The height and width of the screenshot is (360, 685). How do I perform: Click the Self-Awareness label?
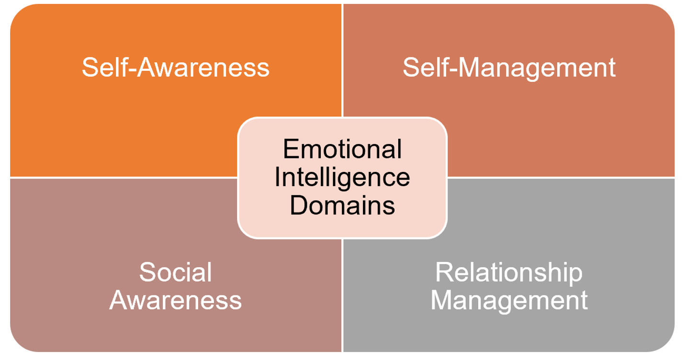pyautogui.click(x=176, y=67)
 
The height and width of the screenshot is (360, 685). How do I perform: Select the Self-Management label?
pyautogui.click(x=509, y=67)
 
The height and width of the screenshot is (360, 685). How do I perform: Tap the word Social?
pyautogui.click(x=175, y=273)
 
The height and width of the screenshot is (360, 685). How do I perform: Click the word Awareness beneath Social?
pyautogui.click(x=176, y=301)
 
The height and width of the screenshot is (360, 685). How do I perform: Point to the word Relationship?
pyautogui.click(x=509, y=273)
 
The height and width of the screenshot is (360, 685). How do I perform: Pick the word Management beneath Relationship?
pyautogui.click(x=509, y=301)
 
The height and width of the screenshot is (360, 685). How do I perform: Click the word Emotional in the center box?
pyautogui.click(x=342, y=149)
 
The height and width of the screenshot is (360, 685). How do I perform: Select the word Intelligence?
pyautogui.click(x=342, y=178)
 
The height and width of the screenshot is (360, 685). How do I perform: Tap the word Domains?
pyautogui.click(x=342, y=206)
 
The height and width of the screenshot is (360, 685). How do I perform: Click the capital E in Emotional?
pyautogui.click(x=289, y=149)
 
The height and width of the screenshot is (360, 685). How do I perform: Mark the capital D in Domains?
pyautogui.click(x=298, y=206)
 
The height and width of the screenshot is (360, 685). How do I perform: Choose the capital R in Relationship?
pyautogui.click(x=443, y=273)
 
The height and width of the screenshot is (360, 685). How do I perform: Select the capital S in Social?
pyautogui.click(x=147, y=273)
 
